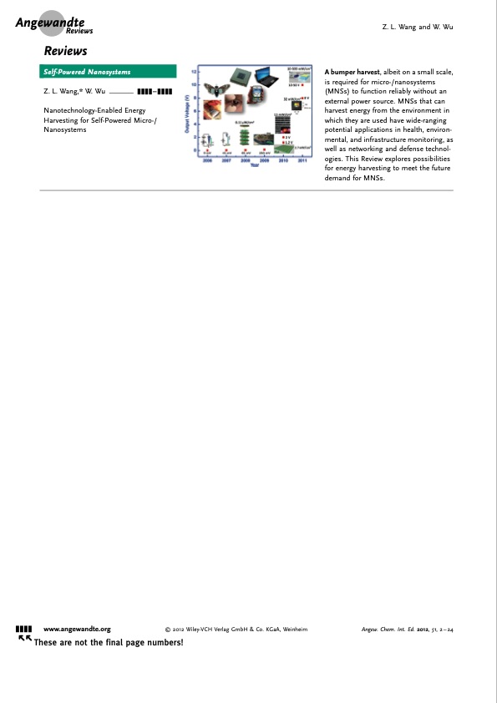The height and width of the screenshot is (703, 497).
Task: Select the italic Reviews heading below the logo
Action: [x=65, y=52]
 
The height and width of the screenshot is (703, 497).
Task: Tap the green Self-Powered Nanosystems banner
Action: [x=108, y=72]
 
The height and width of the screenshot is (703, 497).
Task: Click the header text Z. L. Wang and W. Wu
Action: [x=417, y=28]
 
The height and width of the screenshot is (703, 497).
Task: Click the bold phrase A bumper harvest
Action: [x=349, y=73]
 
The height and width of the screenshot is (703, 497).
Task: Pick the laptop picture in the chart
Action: [x=266, y=77]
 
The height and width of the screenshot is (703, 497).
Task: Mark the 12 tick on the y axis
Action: [x=195, y=70]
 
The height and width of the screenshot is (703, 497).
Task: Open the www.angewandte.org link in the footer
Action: [x=77, y=628]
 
